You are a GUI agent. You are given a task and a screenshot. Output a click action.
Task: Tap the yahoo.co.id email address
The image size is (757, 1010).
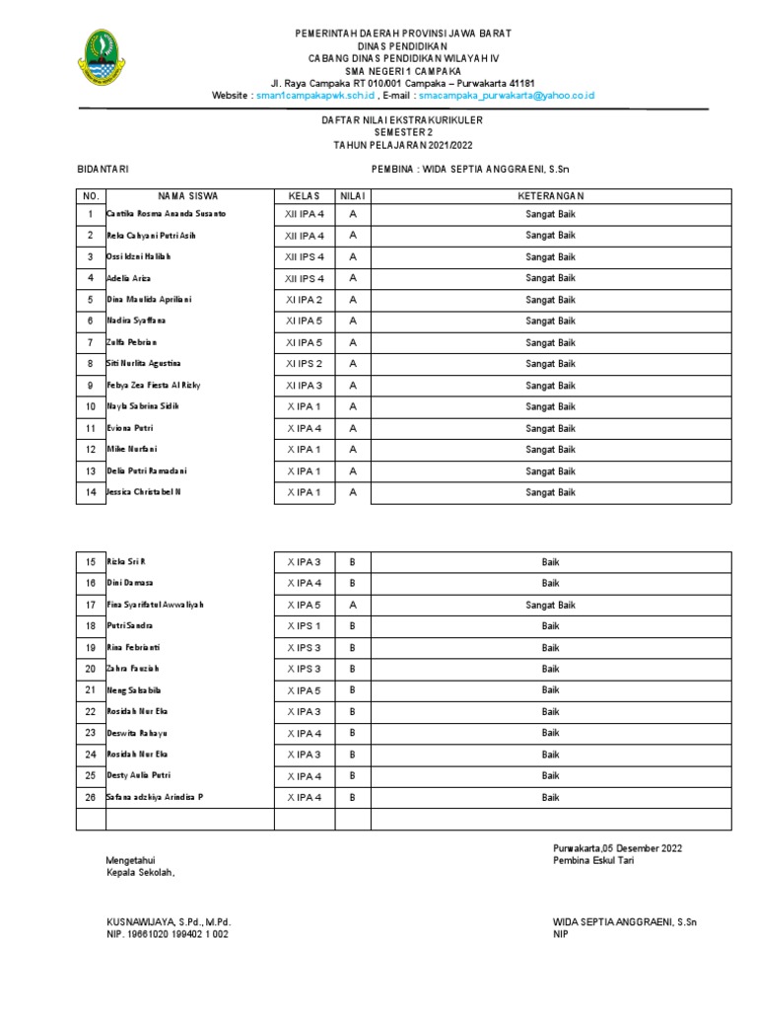pyautogui.click(x=506, y=96)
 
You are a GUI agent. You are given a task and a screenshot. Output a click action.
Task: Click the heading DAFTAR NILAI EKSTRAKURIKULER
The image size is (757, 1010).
pyautogui.click(x=403, y=120)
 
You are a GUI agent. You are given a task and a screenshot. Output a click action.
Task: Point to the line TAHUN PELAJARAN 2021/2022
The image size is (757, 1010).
pyautogui.click(x=403, y=145)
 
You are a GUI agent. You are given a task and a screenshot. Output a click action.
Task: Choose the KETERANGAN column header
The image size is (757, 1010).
pyautogui.click(x=550, y=196)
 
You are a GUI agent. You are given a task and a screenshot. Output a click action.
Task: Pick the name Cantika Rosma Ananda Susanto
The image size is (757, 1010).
pyautogui.click(x=167, y=214)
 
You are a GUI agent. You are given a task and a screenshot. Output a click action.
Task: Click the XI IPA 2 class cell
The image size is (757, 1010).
pyautogui.click(x=304, y=300)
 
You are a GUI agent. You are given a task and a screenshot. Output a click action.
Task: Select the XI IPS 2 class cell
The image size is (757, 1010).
pyautogui.click(x=304, y=364)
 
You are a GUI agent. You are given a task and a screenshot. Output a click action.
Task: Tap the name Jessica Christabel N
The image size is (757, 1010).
pyautogui.click(x=144, y=492)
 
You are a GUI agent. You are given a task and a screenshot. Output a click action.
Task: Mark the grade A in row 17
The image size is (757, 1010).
pyautogui.click(x=352, y=605)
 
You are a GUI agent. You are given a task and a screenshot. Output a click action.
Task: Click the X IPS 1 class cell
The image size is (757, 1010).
pyautogui.click(x=304, y=626)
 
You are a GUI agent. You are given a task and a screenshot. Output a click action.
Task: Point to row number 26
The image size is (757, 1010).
pyautogui.click(x=90, y=797)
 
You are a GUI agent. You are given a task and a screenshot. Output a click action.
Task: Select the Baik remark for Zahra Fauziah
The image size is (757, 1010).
pyautogui.click(x=550, y=669)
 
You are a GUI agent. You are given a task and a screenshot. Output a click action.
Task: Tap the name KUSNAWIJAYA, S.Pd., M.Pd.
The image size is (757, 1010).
pyautogui.click(x=169, y=922)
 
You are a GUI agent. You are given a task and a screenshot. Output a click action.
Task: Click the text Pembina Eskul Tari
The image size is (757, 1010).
pyautogui.click(x=594, y=861)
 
